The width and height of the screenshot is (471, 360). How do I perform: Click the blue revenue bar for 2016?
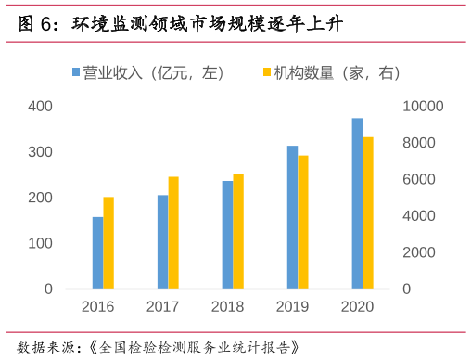pos(97,252)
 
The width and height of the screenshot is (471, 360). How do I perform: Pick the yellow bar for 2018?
pos(238,231)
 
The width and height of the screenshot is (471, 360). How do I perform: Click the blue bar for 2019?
pos(292,217)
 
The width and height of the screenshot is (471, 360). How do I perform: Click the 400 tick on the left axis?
pos(40,106)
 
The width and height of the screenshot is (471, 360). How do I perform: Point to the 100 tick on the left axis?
pos(40,243)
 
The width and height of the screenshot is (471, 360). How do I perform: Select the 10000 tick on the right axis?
pos(424,106)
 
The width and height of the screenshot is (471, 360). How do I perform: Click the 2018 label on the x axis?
pos(227,307)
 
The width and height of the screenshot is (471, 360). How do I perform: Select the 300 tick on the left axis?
pos(40,151)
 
